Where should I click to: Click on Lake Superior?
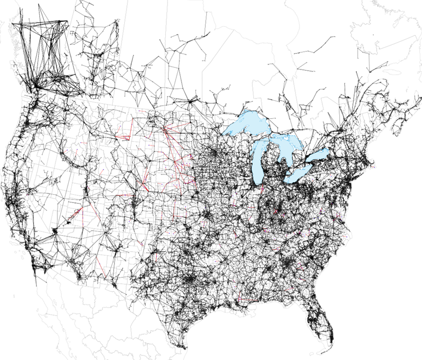(246, 124)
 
